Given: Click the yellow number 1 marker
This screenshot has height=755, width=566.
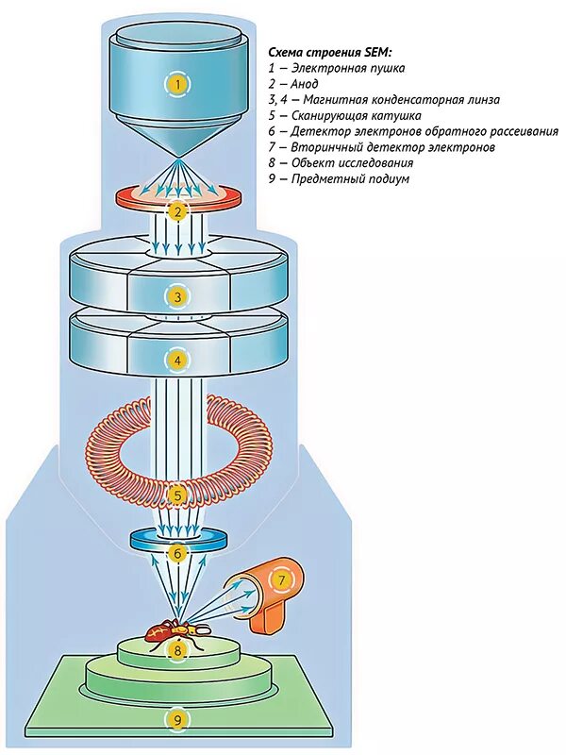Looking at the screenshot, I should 176,84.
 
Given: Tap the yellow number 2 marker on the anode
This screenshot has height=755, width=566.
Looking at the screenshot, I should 176,210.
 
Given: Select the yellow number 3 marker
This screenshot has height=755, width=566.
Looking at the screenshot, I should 176,297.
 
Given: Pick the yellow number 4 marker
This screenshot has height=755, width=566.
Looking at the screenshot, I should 176,359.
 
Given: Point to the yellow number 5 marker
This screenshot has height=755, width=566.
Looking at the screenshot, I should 176,494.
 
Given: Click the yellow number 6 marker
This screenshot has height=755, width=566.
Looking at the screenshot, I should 176,554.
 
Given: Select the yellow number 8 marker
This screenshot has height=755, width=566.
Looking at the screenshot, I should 176,649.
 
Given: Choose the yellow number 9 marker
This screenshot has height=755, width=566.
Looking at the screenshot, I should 176,720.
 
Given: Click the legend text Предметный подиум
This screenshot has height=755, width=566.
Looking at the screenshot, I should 350,179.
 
